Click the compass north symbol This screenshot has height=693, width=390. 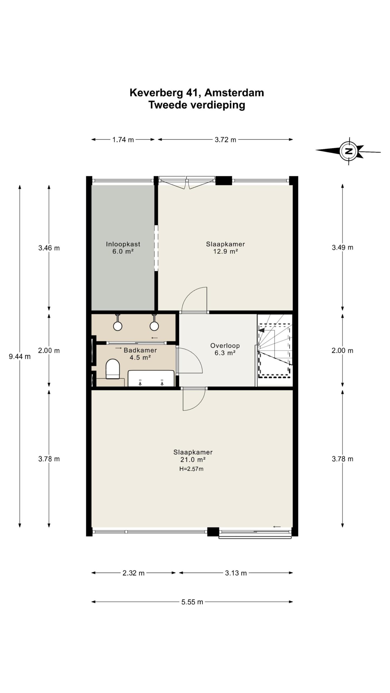click(x=349, y=151)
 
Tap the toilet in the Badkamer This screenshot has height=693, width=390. click(x=112, y=369)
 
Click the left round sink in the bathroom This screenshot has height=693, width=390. click(x=118, y=326)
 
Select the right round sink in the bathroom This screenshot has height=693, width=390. click(x=154, y=326)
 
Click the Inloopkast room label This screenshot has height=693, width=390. click(x=123, y=244)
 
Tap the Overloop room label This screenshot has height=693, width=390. click(x=225, y=346)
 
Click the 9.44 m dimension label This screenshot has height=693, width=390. click(x=20, y=357)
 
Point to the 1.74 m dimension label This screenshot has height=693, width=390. click(x=123, y=140)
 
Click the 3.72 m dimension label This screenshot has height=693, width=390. click(x=225, y=140)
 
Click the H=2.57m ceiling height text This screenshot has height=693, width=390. click(x=191, y=469)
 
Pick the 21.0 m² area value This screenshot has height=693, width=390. click(x=193, y=459)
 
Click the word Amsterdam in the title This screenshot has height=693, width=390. click(x=234, y=93)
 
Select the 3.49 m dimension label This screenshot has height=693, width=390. click(x=343, y=247)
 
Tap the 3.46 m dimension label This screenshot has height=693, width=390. click(x=49, y=248)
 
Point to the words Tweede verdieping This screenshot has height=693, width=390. click(x=197, y=105)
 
